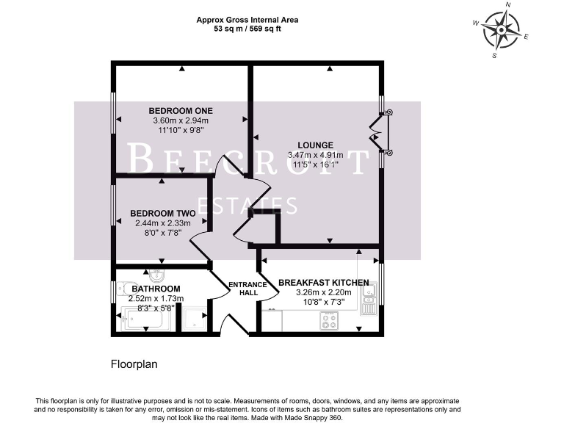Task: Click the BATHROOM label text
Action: click(156, 289)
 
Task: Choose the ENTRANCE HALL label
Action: click(243, 289)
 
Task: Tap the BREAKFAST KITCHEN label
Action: click(323, 282)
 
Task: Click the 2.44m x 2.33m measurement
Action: click(162, 223)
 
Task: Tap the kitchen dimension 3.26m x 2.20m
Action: click(324, 292)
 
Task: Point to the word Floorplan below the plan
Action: click(134, 364)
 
